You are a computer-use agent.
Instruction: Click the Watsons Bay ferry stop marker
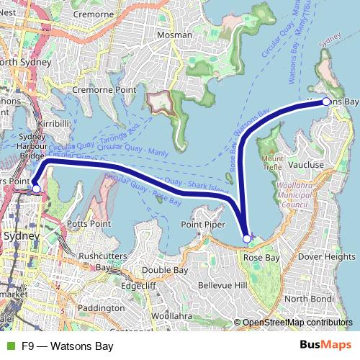click(x=325, y=102)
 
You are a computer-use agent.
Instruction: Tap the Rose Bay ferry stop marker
click(x=247, y=238)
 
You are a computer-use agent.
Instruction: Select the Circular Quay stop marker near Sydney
click(x=36, y=189)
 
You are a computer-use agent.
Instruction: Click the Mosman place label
click(x=175, y=35)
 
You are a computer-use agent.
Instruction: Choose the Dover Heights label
click(x=326, y=256)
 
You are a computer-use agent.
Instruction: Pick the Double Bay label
click(x=165, y=270)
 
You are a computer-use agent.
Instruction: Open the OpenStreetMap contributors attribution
click(x=296, y=322)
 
